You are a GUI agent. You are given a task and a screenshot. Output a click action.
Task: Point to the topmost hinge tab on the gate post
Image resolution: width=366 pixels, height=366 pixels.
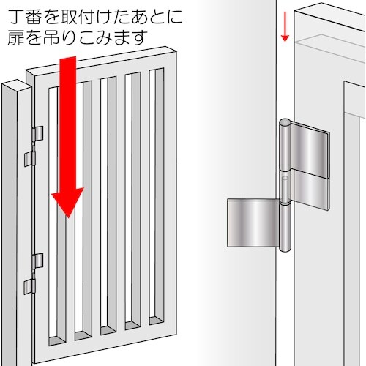38,134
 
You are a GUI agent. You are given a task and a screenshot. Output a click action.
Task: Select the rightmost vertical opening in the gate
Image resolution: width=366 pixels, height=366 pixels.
156,198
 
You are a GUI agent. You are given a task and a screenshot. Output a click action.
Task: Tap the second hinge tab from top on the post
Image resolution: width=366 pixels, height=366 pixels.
30,157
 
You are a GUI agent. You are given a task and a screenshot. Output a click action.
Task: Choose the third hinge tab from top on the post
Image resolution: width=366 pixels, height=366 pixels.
38,261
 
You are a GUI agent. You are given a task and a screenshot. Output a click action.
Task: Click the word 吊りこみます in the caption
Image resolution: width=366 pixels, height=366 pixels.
84,36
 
